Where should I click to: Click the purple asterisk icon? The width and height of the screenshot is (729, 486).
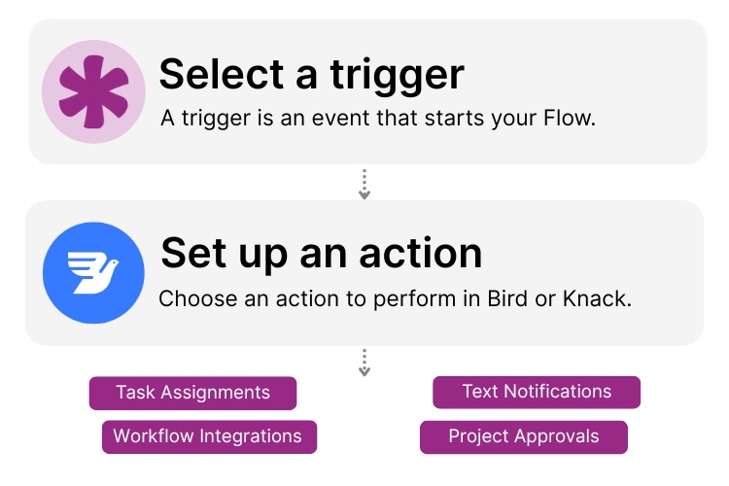click(93, 91)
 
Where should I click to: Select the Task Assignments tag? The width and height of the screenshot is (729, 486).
click(192, 393)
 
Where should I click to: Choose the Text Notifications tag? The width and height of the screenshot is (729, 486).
click(537, 392)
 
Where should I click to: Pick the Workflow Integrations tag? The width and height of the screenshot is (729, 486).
click(208, 435)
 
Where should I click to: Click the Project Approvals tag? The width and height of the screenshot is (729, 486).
click(523, 435)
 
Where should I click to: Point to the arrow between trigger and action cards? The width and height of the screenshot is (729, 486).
click(364, 184)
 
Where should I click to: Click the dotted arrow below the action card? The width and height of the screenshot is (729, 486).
click(364, 363)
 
